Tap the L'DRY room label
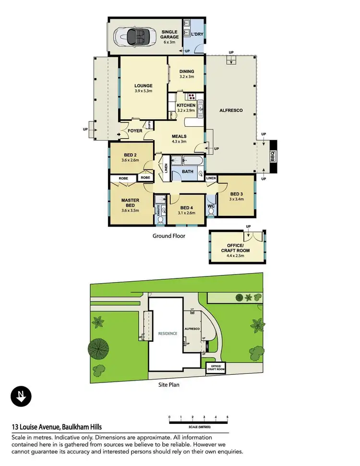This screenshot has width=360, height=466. (197, 35)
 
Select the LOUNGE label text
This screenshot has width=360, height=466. (144, 86)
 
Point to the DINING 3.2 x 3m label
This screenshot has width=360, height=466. (186, 74)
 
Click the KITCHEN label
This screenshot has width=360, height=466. (186, 105)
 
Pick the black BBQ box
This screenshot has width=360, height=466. (273, 157)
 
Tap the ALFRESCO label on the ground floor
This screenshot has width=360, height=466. (230, 111)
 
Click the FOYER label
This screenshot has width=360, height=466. (135, 131)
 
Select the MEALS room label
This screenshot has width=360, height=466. (179, 136)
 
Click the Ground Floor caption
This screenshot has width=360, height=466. (168, 236)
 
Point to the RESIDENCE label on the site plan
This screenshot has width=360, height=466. (168, 333)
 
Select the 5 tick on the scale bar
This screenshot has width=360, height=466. (228, 417)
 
